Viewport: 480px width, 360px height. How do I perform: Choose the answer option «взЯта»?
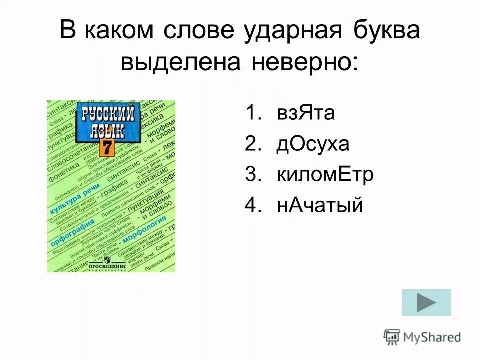pyautogui.click(x=306, y=114)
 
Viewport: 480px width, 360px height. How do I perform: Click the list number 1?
pyautogui.click(x=253, y=114)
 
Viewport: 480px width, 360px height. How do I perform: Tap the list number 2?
pyautogui.click(x=253, y=144)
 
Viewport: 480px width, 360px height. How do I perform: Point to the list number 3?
pyautogui.click(x=253, y=175)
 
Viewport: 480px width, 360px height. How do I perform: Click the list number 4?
pyautogui.click(x=253, y=205)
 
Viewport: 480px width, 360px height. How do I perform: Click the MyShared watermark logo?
pyautogui.click(x=422, y=336)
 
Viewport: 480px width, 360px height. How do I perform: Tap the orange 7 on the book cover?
pyautogui.click(x=106, y=148)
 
